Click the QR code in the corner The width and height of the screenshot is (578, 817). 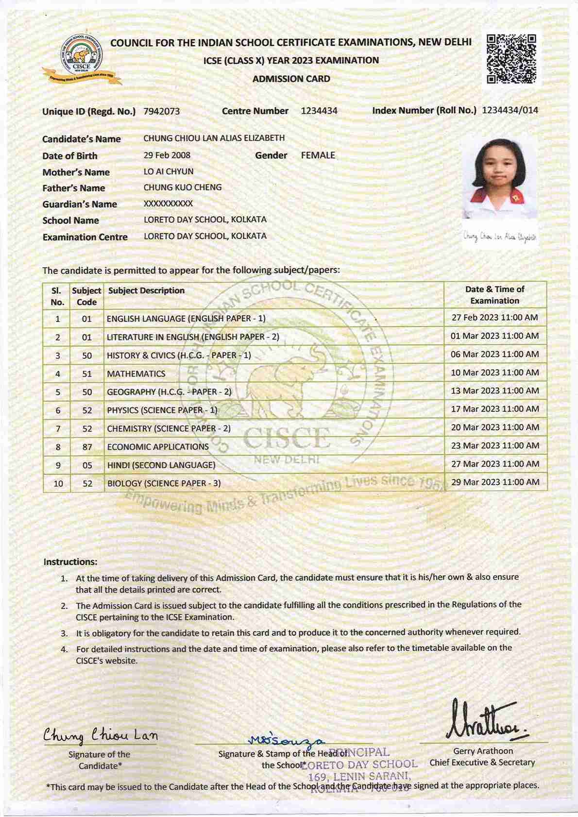point(511,59)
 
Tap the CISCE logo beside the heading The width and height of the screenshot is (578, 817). point(81,59)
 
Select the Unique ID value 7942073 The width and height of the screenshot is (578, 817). point(162,111)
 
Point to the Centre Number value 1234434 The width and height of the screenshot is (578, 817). point(319,111)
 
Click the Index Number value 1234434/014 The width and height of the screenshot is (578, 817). point(510,110)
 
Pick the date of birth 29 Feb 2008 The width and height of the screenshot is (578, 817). point(167,155)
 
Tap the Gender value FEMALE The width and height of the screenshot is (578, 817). point(318,155)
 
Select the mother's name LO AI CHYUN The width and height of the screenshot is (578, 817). point(169,171)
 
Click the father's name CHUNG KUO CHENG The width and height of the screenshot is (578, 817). point(183,187)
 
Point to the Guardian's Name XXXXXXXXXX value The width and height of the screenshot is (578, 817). point(168,204)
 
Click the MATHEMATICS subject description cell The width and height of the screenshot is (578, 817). point(136,374)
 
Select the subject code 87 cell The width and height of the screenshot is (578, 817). point(87,447)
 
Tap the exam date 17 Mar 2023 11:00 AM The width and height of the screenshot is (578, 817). point(495,409)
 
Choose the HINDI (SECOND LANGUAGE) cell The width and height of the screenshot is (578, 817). point(161,465)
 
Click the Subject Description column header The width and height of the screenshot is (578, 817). point(146,290)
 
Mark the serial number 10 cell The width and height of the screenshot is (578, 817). point(58,483)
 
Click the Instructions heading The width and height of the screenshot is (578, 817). point(70,562)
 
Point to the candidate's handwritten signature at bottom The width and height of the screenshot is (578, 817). point(101,736)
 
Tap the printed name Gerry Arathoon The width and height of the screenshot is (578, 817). point(483,751)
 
